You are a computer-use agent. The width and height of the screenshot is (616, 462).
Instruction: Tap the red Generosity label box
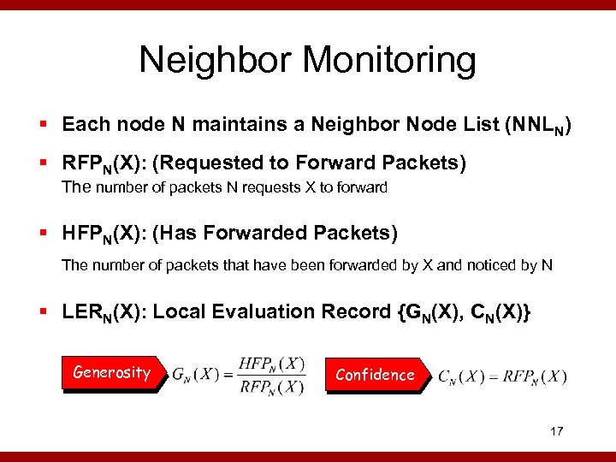111,373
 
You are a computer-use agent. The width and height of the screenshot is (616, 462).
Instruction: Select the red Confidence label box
375,375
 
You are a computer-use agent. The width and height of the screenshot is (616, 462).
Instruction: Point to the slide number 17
556,431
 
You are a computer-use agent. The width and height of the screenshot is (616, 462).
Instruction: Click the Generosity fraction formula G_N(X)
239,374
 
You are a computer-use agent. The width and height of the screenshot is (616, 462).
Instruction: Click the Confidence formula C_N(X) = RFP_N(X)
501,376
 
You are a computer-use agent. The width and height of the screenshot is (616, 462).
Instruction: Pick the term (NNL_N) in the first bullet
539,125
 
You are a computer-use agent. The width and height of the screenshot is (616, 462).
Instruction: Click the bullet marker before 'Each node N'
49,125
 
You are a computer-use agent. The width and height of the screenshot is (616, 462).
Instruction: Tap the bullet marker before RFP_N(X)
49,163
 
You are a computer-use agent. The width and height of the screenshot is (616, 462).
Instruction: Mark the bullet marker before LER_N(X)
49,311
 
